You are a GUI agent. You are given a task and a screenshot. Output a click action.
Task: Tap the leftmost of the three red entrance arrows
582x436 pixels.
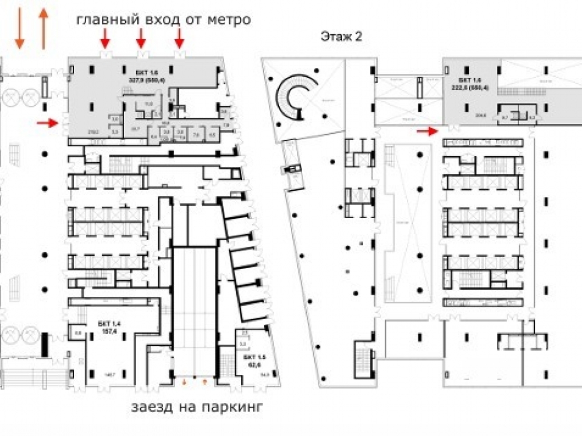click(x=105, y=39)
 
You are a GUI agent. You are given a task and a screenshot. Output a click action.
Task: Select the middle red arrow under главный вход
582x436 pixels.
click(x=140, y=39)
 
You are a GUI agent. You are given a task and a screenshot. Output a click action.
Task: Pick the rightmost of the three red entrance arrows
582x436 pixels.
click(x=179, y=39)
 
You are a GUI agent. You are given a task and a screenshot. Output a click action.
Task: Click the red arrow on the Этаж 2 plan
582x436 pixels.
click(x=428, y=131)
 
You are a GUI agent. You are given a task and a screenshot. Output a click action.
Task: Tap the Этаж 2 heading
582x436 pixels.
click(x=341, y=37)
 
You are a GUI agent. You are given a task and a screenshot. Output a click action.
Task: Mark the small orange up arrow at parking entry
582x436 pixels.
click(x=205, y=382)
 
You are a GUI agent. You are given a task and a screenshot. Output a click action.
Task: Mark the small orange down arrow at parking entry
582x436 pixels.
click(x=185, y=382)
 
